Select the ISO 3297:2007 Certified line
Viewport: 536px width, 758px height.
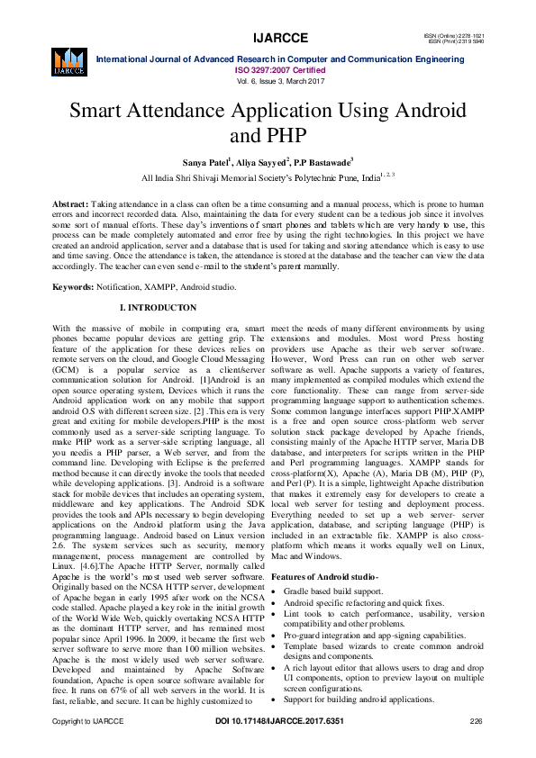tap(268, 68)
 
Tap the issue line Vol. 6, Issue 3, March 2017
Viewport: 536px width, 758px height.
tap(268, 80)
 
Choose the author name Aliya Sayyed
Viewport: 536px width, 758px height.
tap(261, 162)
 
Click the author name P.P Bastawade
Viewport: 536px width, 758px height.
tap(324, 162)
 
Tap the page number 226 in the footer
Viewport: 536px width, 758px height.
tap(477, 747)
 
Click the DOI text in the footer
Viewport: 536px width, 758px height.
tap(268, 747)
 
